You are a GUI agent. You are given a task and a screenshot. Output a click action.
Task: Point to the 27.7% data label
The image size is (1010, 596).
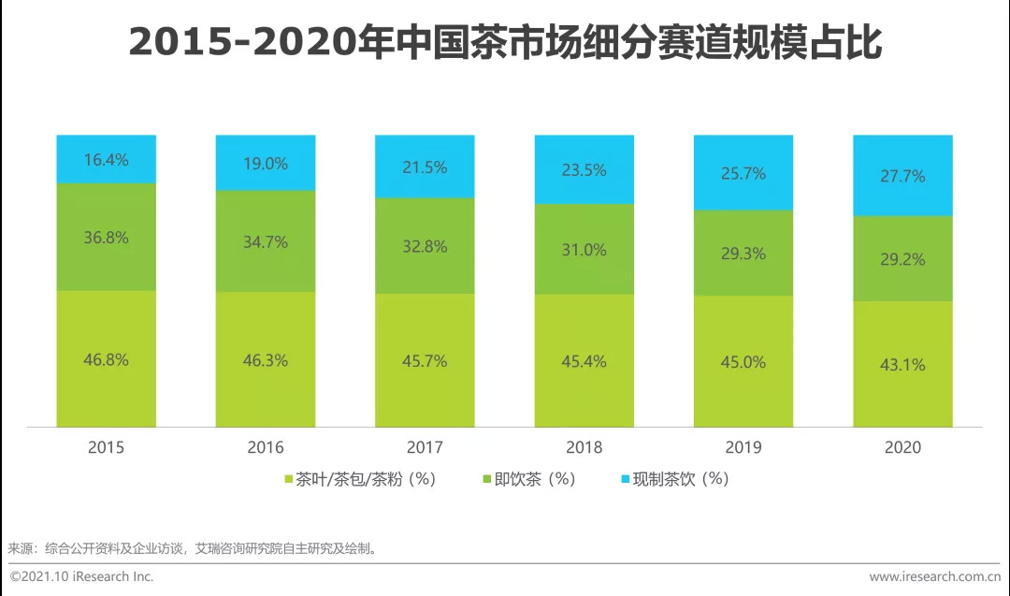coord(902,175)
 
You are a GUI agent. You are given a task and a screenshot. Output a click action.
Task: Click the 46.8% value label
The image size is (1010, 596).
coord(106,359)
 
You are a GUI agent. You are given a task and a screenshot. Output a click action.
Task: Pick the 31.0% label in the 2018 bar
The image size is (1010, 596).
coord(584,250)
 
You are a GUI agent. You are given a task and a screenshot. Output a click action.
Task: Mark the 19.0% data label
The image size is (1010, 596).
coord(265,163)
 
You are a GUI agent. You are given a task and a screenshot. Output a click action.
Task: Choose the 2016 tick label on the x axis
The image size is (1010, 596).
coord(266,447)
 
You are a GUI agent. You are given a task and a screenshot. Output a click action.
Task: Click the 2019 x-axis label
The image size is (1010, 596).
coord(743,447)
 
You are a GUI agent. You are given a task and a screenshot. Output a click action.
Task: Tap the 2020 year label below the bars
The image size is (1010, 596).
coord(902,447)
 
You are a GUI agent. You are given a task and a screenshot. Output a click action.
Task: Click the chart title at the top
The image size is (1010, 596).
coord(504,43)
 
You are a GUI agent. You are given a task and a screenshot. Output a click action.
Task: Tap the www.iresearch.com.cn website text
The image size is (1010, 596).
coord(934,576)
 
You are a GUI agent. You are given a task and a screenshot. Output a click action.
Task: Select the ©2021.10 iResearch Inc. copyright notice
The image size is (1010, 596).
coord(82,576)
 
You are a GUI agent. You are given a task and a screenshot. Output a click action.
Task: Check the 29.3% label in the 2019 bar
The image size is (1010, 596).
coord(743,254)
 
